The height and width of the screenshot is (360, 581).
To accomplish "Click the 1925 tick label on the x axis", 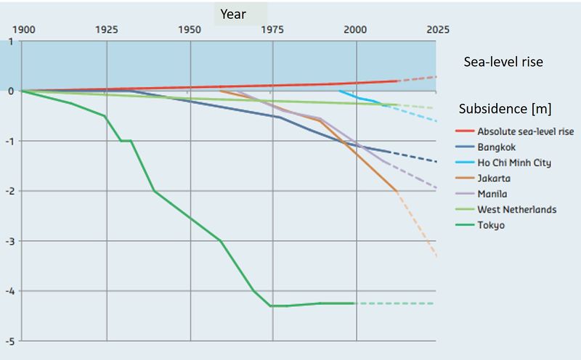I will click(x=107, y=30).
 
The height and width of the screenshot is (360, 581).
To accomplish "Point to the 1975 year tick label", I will click(x=272, y=30).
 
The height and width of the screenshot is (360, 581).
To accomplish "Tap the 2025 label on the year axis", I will click(x=437, y=30).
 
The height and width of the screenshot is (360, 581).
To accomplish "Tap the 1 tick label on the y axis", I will click(x=11, y=41).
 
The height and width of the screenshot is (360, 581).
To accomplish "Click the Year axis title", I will click(x=233, y=14).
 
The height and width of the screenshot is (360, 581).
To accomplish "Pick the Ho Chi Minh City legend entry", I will click(x=513, y=163).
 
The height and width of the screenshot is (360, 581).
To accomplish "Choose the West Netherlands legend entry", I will click(x=516, y=210).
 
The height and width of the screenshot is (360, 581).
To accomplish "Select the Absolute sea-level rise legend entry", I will click(x=525, y=131).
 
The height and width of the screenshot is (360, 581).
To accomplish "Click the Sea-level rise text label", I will click(x=503, y=62).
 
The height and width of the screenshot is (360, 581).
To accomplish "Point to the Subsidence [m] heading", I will click(x=505, y=110).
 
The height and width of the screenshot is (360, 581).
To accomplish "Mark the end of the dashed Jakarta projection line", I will click(x=436, y=256).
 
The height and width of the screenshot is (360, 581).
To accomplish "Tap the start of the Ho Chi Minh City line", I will click(x=340, y=91).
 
